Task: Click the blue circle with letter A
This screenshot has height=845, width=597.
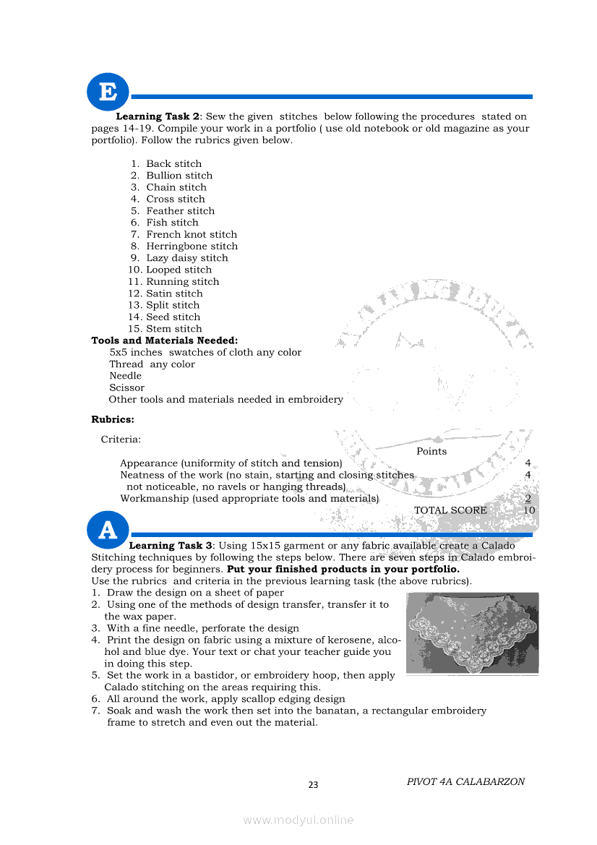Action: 107,530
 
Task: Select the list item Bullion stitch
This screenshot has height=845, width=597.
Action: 179,176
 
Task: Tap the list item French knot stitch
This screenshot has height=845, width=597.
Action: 192,234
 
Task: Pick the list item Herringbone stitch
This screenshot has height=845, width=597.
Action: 192,246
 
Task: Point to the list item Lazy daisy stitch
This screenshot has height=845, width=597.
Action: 186,258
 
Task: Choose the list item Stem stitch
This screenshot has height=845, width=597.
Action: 174,329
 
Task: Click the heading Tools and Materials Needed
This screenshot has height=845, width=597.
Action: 164,340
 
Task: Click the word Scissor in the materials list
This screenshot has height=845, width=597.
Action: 126,387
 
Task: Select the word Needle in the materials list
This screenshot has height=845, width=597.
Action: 126,376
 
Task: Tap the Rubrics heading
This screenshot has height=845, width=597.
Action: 113,419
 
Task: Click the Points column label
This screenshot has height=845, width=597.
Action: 431,451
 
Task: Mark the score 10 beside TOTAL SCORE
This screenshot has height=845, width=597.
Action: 529,510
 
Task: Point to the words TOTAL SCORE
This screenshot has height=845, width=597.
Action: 450,510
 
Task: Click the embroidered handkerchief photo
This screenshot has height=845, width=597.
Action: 472,633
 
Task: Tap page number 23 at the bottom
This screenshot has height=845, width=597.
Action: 313,785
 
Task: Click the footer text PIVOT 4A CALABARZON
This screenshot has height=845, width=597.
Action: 465,781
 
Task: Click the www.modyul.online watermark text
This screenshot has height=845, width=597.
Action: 298,820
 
